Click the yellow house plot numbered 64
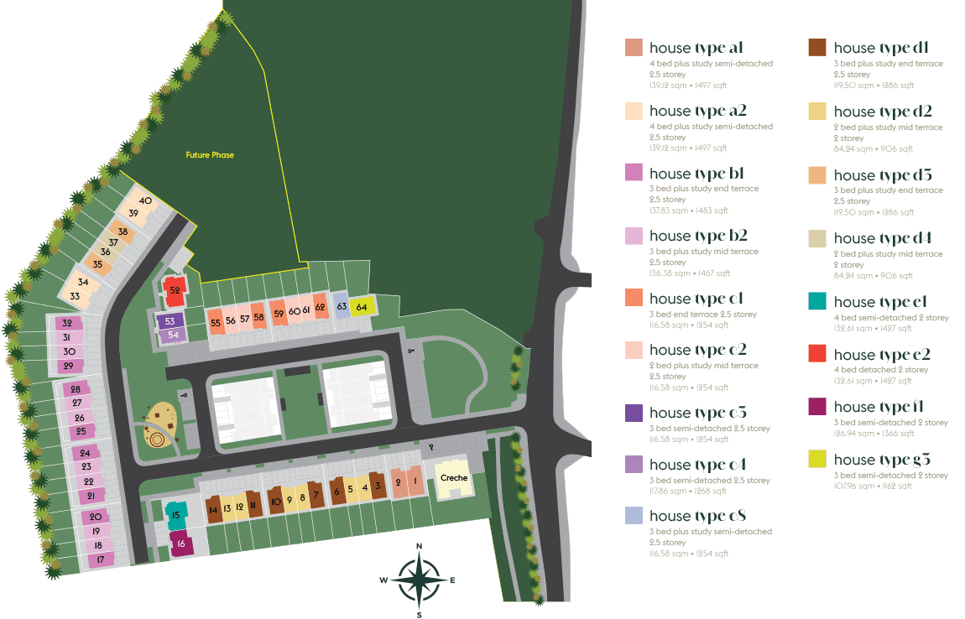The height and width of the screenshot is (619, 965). tap(362, 307)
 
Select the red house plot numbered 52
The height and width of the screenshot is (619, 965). tap(175, 290)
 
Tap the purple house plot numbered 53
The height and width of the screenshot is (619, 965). tap(170, 321)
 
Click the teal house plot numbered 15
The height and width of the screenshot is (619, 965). tap(175, 515)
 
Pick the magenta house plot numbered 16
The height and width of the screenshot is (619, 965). tap(180, 544)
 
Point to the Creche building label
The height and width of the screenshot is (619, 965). tap(454, 478)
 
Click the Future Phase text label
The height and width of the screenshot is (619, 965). tap(210, 155)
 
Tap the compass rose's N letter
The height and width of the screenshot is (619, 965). tap(420, 547)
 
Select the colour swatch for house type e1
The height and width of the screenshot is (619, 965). tap(817, 301)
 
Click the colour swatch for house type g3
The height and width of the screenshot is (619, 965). tap(817, 459)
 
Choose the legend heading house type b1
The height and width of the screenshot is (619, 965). tap(696, 174)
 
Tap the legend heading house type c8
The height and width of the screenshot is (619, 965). tap(697, 516)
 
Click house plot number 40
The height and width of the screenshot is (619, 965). tap(145, 201)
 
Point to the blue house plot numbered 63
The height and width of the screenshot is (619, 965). tap(342, 307)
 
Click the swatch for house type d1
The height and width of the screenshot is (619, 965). tap(817, 48)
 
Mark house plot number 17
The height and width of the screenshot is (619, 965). tap(101, 559)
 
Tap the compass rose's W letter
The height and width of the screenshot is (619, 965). tap(383, 580)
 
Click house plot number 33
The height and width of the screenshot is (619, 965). tap(76, 296)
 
